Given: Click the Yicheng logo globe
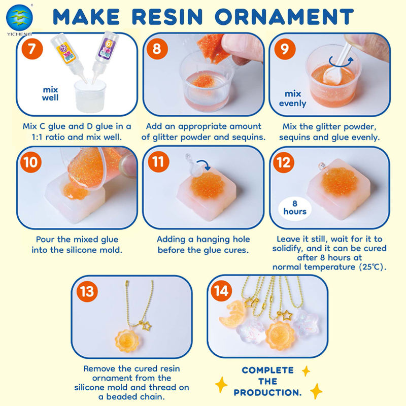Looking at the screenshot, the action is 19,16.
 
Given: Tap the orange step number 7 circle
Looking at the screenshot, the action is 32,49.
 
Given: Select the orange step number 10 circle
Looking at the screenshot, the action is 31,162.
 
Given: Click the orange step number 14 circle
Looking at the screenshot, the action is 221,290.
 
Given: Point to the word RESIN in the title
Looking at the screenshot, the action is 167,17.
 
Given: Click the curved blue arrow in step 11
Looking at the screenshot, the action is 204,164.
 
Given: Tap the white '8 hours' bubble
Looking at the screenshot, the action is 295,208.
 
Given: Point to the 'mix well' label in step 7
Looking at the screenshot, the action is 50,94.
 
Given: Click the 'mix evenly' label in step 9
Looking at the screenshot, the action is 293,98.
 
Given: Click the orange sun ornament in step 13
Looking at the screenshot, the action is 127,341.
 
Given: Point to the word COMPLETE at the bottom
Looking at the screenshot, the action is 268,370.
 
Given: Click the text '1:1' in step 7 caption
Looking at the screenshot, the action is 37,137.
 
